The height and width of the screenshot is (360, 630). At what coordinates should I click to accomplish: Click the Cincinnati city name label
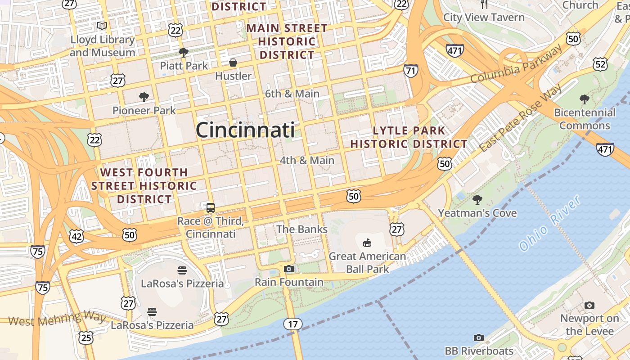point(245,130)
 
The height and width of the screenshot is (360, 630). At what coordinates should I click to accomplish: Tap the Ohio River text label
point(550,224)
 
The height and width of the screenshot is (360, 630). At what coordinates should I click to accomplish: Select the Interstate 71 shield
point(410,70)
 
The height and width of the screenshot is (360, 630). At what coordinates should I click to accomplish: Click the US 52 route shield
point(600,64)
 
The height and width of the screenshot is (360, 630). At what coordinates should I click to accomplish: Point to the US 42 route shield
point(76,236)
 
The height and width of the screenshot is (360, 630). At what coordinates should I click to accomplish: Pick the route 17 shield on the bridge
point(292,324)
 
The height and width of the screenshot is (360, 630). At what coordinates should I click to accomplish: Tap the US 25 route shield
point(85,337)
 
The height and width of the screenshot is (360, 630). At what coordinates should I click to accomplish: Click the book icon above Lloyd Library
point(102,26)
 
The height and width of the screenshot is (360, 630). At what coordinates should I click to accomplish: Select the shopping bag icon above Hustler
point(233,63)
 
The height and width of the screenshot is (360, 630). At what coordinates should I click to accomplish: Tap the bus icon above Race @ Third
point(211,208)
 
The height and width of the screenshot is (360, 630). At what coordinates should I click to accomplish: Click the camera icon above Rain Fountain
point(289,269)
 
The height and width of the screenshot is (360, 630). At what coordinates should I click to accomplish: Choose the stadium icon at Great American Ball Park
point(367,243)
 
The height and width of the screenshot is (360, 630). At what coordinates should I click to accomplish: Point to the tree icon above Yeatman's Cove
point(477,199)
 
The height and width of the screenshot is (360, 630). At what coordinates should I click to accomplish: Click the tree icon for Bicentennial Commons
point(584,99)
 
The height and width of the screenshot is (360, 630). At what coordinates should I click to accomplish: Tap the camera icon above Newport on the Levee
point(589,305)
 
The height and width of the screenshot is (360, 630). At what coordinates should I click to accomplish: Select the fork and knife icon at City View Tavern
point(484,4)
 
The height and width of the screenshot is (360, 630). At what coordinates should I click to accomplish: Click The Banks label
point(302,229)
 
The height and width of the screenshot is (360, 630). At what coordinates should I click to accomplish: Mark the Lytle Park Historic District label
point(409,137)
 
